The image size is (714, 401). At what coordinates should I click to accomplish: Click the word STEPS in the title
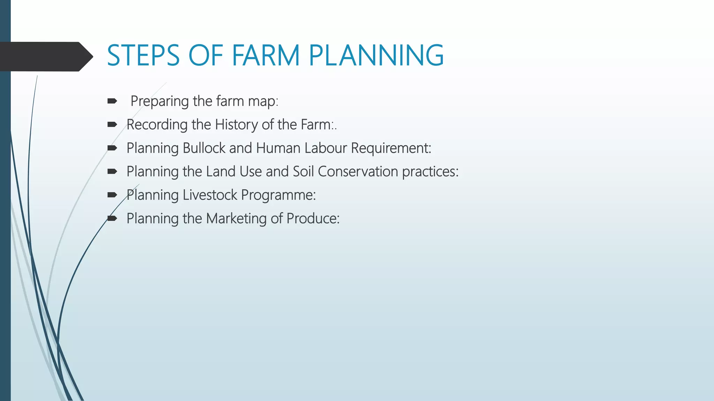point(143,55)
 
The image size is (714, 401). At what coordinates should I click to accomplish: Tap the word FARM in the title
point(266,55)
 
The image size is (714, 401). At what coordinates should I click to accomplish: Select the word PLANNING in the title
point(376,55)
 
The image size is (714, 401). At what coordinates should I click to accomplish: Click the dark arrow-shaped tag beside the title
point(45,56)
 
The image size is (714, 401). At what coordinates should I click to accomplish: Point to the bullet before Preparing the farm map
point(112,101)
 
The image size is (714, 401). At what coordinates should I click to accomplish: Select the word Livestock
point(210,195)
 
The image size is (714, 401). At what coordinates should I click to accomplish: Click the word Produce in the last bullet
point(312,219)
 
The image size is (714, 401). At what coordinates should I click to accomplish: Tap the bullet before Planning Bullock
point(112,148)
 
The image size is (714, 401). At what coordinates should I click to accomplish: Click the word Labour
point(326,148)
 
